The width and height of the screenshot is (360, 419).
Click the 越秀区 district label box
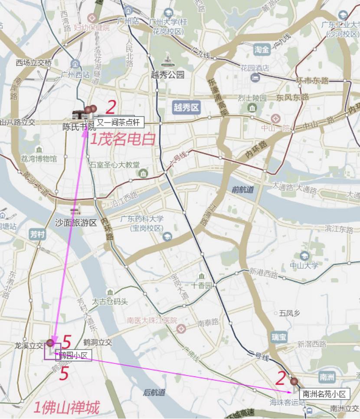tap(186, 107)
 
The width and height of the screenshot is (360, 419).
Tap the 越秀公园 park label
tap(168, 75)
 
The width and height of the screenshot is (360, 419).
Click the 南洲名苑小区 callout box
tap(324, 394)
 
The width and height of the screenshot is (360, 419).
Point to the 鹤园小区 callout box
tap(73, 356)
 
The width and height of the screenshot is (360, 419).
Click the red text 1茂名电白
tap(122, 139)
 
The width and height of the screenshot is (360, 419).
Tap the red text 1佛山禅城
tap(66, 408)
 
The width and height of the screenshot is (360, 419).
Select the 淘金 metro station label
tap(262, 49)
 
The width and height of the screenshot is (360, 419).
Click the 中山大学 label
tap(304, 266)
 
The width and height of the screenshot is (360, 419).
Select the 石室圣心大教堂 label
tap(115, 165)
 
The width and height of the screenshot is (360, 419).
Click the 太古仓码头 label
tap(110, 301)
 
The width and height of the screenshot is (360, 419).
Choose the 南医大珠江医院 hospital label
tap(152, 320)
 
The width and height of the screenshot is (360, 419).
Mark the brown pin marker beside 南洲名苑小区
tap(295, 382)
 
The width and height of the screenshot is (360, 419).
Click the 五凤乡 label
tap(289, 313)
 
